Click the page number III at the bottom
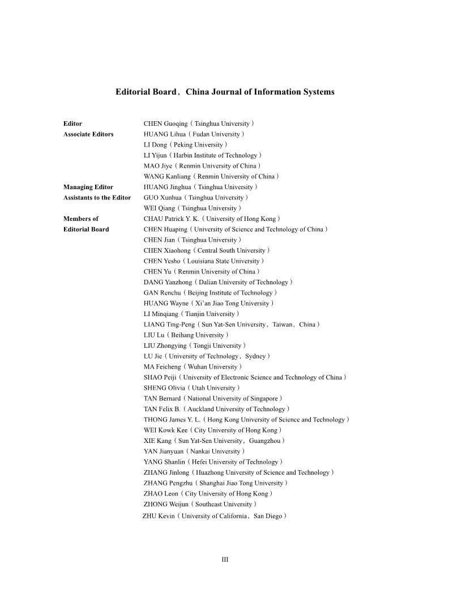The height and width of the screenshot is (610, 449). [225, 560]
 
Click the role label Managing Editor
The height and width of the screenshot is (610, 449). [88, 187]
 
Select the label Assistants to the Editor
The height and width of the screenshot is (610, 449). [97, 198]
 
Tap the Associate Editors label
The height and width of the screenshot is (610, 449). [88, 134]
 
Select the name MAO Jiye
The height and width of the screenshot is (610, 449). [158, 166]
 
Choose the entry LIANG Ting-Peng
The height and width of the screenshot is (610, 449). [169, 325]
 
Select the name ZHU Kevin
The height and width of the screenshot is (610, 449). [159, 516]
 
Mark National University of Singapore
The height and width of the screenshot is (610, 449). [234, 399]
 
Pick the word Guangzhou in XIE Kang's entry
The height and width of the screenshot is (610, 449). [264, 441]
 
